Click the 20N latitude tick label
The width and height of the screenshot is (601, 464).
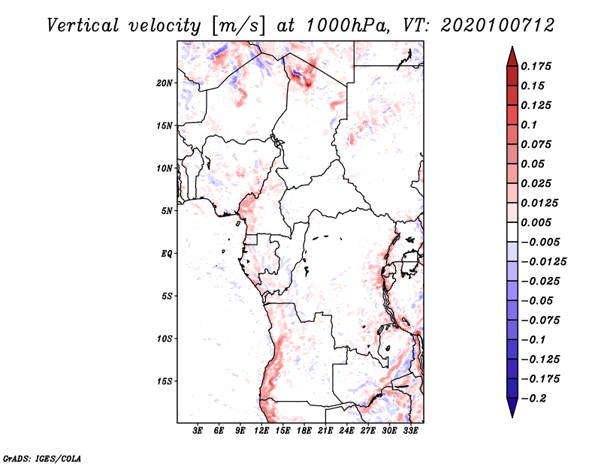coord(165,83)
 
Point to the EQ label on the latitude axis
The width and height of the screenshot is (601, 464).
coord(166,254)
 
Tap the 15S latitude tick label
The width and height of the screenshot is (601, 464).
coord(165,381)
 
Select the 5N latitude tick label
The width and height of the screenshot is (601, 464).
coord(166,211)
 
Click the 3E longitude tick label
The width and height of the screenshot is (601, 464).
coord(198,431)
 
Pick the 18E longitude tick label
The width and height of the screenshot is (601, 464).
coord(304,431)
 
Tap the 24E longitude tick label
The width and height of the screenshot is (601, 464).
coord(347,431)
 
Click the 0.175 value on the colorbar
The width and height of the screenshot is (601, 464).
coord(537,66)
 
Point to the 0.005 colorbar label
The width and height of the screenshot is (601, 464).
coord(537,222)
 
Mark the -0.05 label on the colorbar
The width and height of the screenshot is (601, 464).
coord(539,300)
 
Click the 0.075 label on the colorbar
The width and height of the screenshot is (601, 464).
coord(537,144)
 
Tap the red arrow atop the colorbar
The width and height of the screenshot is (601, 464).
coord(512,55)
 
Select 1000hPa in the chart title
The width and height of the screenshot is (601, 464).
coord(346,25)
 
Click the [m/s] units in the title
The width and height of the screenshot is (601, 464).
coord(240,26)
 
